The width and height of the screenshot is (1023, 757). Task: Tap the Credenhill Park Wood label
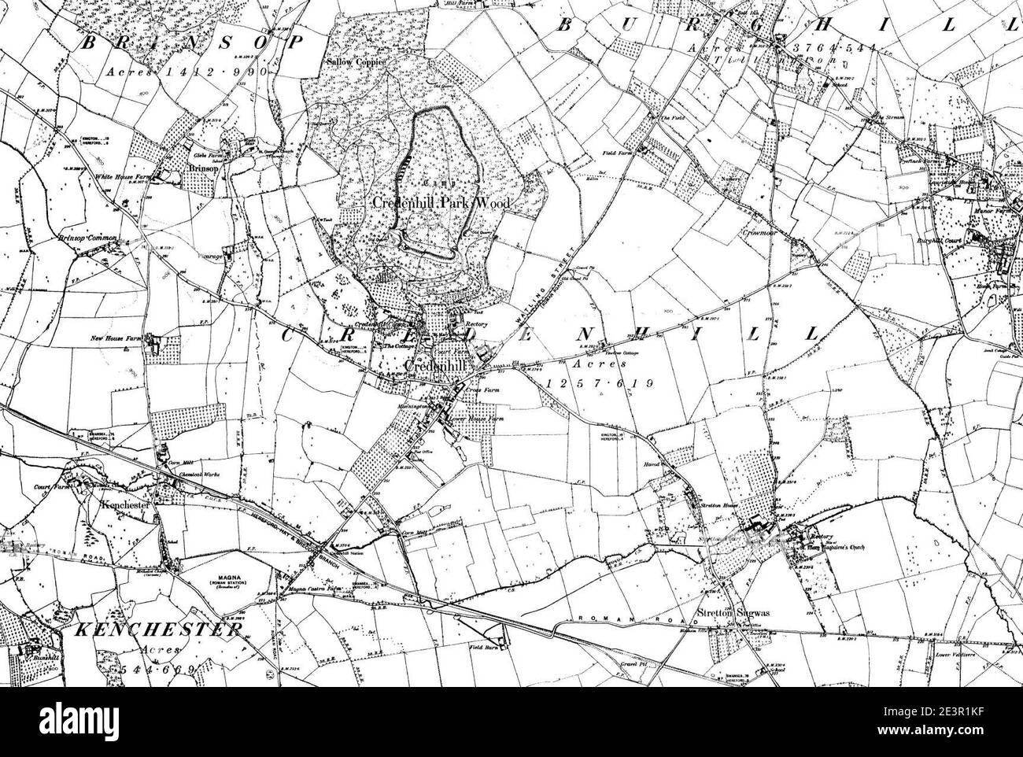(x=441, y=204)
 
